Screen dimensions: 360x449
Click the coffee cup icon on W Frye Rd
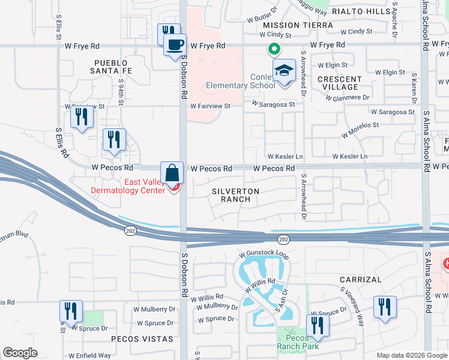click(x=175, y=45)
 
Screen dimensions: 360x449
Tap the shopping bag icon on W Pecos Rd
click(x=172, y=172)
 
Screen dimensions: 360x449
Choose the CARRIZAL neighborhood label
click(x=360, y=280)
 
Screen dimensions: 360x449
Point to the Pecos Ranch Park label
click(x=298, y=341)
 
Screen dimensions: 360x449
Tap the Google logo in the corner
click(x=20, y=353)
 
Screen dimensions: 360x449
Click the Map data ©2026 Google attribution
click(x=412, y=355)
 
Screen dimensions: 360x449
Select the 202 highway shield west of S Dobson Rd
click(x=130, y=230)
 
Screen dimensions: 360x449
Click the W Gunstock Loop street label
click(x=264, y=254)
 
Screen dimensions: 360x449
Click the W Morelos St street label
click(x=360, y=130)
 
